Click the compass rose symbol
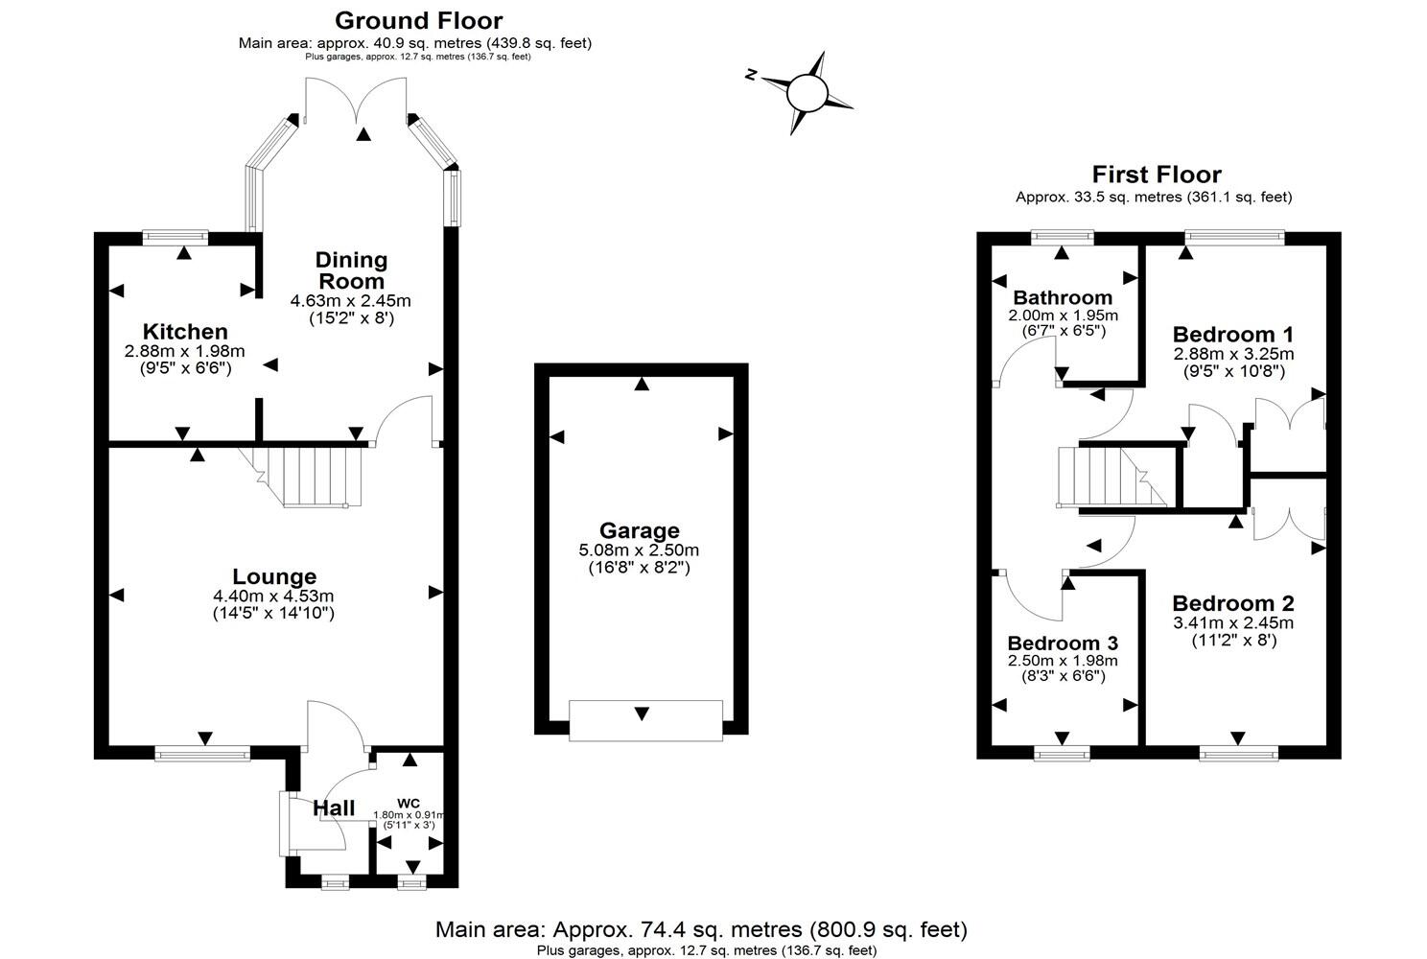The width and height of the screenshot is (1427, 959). pyautogui.click(x=806, y=93)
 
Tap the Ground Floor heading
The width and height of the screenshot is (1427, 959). pyautogui.click(x=418, y=20)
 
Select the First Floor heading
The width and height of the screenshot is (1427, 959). pyautogui.click(x=1157, y=175)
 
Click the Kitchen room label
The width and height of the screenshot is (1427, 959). pyautogui.click(x=185, y=332)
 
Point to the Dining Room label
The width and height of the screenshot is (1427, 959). pyautogui.click(x=351, y=270)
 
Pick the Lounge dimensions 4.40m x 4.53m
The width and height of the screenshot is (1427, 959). pyautogui.click(x=273, y=596)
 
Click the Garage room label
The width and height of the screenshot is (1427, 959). pyautogui.click(x=639, y=530)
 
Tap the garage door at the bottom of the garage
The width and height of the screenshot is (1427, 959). pyautogui.click(x=644, y=719)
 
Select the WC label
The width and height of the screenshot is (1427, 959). pyautogui.click(x=409, y=803)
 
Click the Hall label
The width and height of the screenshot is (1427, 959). pyautogui.click(x=334, y=808)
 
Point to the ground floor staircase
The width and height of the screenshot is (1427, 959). pyautogui.click(x=312, y=476)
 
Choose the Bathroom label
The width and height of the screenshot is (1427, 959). pyautogui.click(x=1063, y=297)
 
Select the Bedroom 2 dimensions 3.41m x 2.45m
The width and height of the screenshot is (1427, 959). pyautogui.click(x=1233, y=622)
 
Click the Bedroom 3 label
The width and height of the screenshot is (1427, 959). pyautogui.click(x=1063, y=643)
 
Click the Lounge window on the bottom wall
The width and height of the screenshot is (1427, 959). pyautogui.click(x=202, y=754)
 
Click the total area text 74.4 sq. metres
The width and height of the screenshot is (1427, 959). pyautogui.click(x=700, y=929)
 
